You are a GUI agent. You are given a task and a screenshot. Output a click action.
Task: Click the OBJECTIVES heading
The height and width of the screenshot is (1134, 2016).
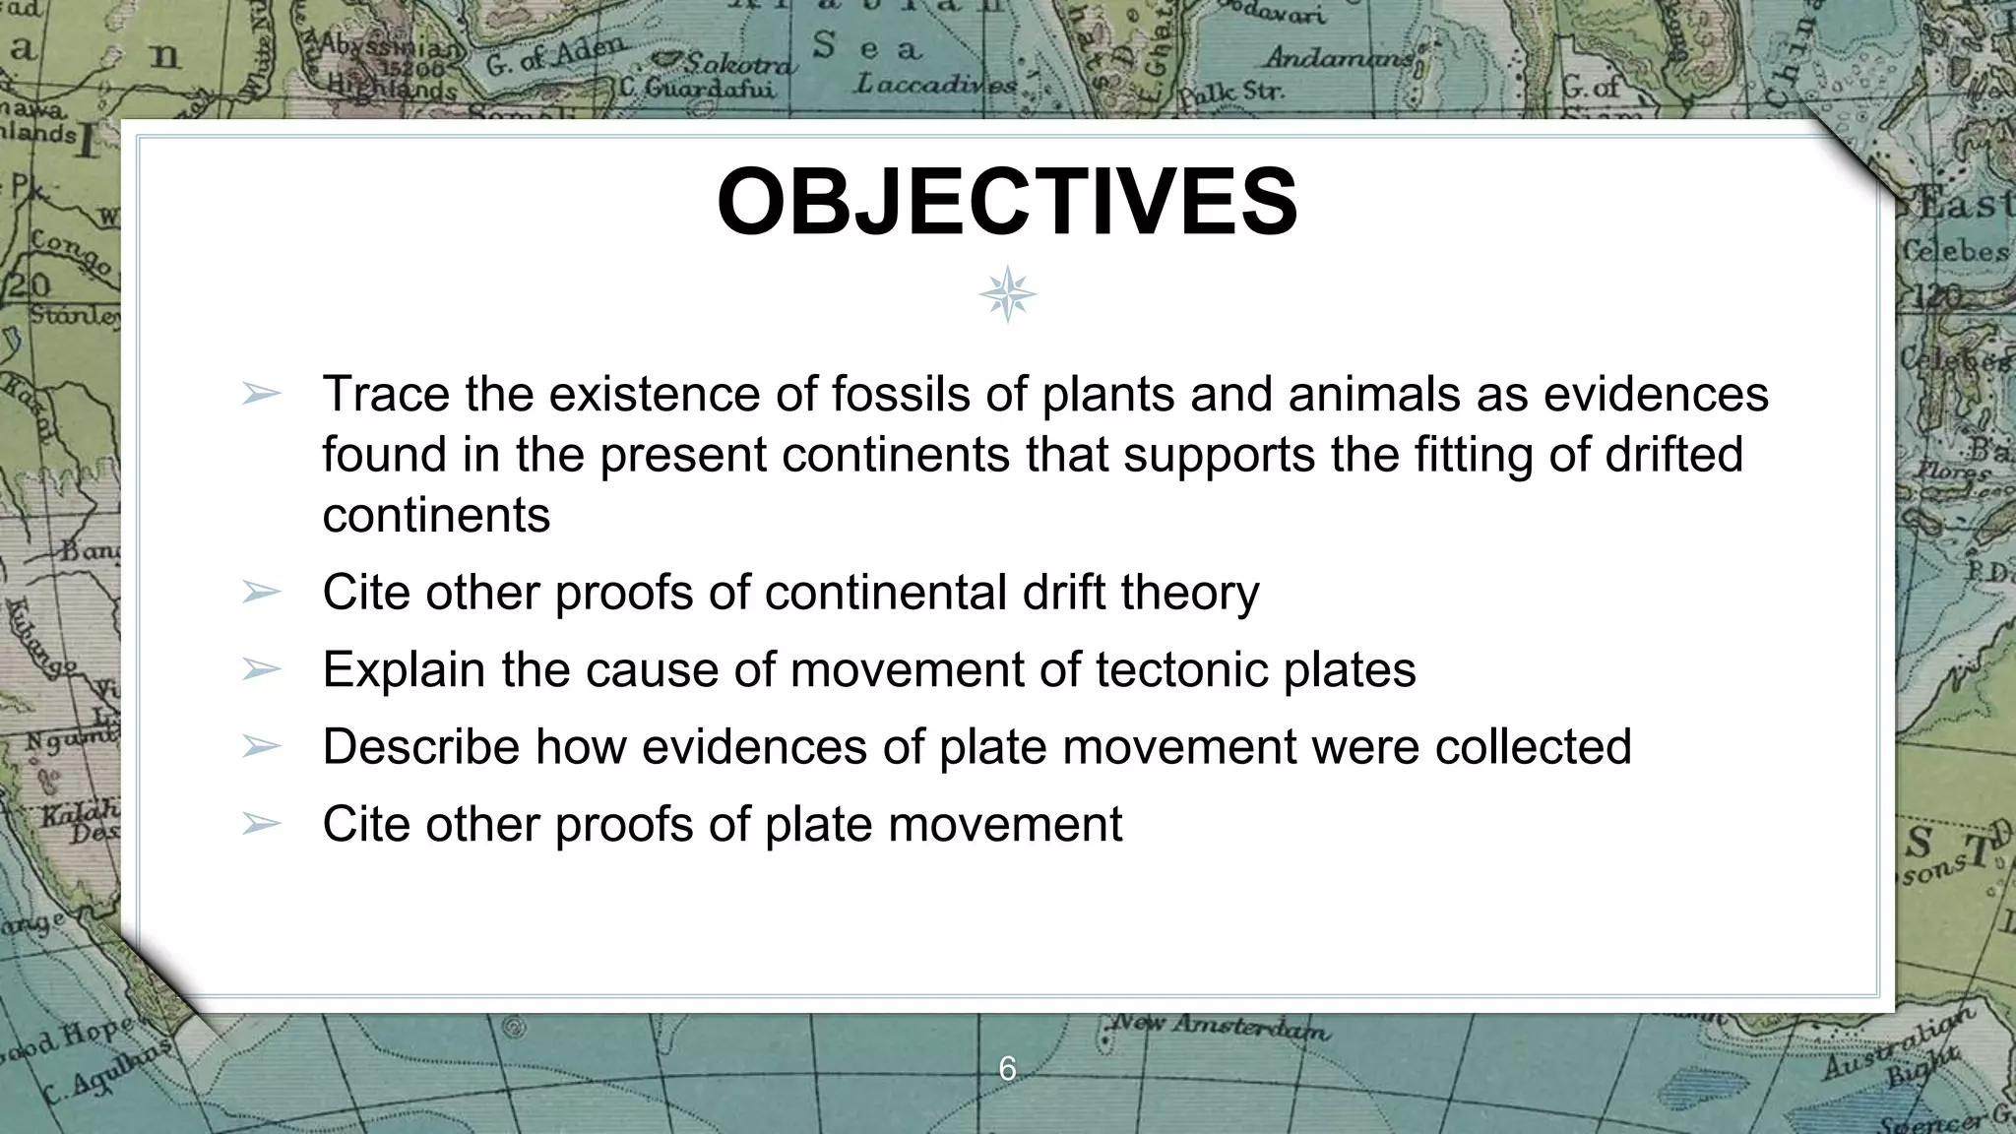coord(1007,202)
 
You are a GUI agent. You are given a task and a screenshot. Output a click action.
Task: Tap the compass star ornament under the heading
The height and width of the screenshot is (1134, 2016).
coord(1007,294)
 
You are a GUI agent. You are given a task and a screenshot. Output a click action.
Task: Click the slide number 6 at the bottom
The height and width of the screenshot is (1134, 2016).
coord(1007,1069)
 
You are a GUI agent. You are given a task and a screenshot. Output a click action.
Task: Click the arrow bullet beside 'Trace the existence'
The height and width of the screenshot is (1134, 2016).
coord(261,395)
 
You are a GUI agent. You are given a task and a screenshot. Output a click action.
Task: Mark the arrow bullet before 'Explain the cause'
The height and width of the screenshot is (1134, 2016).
coord(261,670)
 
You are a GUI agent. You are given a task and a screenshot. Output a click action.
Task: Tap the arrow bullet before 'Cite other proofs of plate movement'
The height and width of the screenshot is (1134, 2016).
coord(261,824)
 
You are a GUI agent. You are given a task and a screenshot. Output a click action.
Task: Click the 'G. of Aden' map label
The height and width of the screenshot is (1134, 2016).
coord(556,55)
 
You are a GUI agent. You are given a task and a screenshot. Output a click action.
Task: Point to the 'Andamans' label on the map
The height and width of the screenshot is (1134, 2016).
coord(1339,57)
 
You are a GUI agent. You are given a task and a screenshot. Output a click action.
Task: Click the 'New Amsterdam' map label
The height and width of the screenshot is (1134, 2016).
coord(1221,1027)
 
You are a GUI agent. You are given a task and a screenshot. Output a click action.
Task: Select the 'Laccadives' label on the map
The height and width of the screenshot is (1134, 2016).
coord(935,85)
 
